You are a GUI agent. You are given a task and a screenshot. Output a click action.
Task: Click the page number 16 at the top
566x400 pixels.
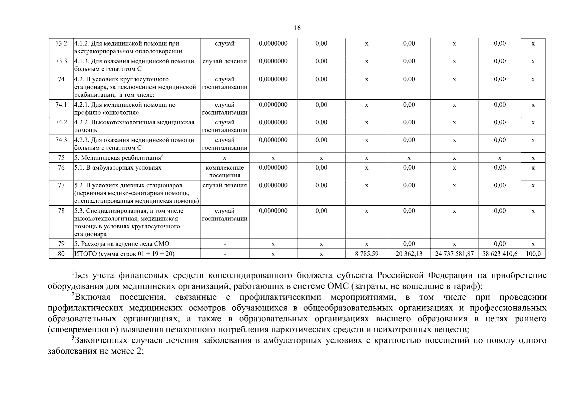(298, 28)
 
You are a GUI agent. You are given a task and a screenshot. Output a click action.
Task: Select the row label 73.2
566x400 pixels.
(61, 44)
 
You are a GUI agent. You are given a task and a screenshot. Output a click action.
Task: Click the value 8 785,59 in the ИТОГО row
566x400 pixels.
(367, 254)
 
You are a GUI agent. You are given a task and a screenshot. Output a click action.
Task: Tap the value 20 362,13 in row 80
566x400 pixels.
(409, 254)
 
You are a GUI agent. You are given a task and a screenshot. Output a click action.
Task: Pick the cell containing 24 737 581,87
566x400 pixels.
(454, 254)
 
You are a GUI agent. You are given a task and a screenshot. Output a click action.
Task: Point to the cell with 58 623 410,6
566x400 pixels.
(500, 254)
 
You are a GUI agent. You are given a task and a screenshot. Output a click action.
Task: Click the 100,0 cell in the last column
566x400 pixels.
(533, 254)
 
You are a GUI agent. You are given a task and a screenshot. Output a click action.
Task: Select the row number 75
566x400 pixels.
(61, 158)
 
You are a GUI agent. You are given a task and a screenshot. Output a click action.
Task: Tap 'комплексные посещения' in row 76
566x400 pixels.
(224, 171)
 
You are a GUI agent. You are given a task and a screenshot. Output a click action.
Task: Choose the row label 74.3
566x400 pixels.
(61, 140)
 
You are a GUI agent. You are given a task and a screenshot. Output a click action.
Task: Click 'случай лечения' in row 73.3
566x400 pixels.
(224, 61)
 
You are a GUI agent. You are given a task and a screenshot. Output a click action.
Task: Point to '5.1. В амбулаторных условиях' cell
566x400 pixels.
(117, 168)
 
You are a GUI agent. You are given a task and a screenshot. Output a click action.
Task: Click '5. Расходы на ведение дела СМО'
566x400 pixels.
(122, 244)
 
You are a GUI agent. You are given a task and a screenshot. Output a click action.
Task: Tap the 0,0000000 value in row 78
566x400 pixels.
(273, 211)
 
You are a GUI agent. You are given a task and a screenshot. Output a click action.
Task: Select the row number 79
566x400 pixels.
(61, 244)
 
